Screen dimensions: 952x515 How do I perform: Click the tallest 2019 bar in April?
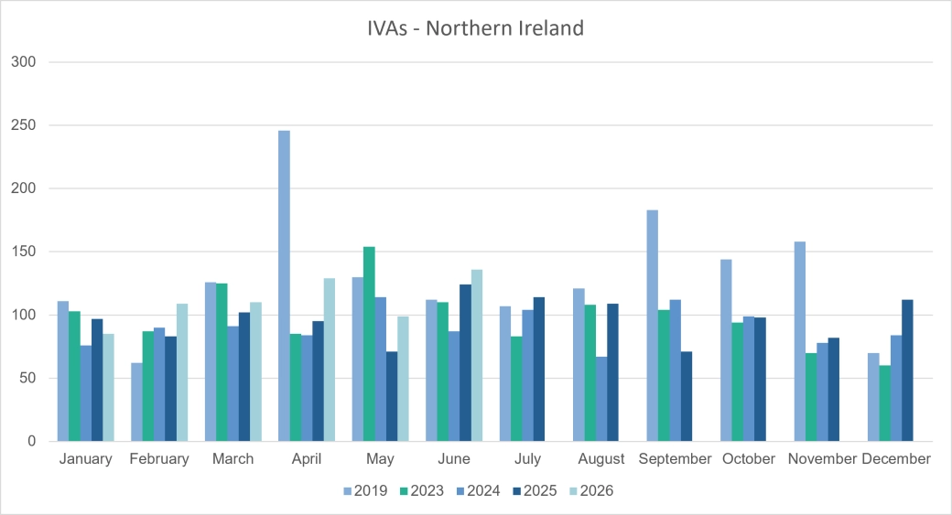(284, 285)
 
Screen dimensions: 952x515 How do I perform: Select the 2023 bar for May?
(369, 344)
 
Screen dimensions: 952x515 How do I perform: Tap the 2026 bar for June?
(477, 356)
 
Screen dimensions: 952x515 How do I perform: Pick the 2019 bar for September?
(652, 326)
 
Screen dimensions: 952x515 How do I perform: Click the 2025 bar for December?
(908, 370)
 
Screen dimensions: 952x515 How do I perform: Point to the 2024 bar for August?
(601, 399)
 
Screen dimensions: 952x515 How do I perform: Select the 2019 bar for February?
(136, 402)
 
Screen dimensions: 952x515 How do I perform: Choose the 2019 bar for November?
(800, 341)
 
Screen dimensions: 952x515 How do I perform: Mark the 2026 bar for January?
(108, 388)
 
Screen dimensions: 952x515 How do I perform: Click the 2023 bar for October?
(737, 381)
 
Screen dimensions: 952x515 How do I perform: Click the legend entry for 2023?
(421, 490)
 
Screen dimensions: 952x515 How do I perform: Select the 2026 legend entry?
(591, 490)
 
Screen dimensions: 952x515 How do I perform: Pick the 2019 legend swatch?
(347, 491)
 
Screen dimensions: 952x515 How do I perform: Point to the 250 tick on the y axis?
(23, 125)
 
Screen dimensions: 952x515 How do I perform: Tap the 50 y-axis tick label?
(27, 378)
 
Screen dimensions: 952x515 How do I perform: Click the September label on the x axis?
(675, 459)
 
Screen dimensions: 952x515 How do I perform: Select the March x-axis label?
(233, 458)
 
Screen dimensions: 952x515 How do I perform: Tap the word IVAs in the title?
(388, 28)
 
